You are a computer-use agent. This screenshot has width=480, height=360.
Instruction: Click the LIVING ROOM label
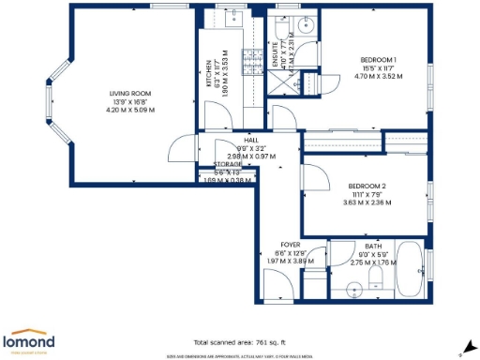pos(129,94)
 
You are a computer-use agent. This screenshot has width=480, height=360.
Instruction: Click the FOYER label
pos(290,244)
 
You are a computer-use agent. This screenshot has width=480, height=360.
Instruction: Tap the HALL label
pos(251,139)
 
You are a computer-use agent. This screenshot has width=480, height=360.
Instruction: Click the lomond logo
pos(29,340)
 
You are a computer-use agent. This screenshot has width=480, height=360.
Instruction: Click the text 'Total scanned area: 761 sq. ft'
pos(241,342)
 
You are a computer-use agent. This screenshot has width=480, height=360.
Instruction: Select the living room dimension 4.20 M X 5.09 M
pos(129,110)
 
